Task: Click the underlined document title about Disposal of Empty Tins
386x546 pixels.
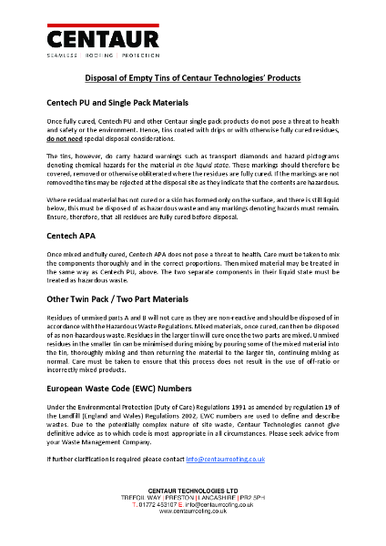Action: [192, 79]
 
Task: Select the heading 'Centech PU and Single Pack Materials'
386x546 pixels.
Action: [117, 103]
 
